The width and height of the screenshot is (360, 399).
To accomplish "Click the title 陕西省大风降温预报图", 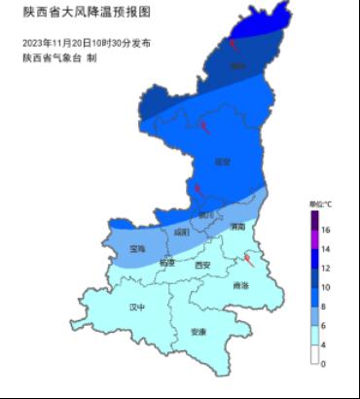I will tap(74, 13).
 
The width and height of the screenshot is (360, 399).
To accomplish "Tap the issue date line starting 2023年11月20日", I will tap(86, 45).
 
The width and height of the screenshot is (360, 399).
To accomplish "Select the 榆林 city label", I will tap(236, 66).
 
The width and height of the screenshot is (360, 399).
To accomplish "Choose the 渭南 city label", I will tap(237, 227).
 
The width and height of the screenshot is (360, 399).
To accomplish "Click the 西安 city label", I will tap(202, 265).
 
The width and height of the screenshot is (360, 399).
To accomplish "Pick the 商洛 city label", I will tap(240, 285).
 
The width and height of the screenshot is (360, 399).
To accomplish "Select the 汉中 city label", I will tap(137, 307).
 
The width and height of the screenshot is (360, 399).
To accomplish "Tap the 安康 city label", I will tap(198, 332).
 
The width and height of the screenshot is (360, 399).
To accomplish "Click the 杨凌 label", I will tap(167, 263).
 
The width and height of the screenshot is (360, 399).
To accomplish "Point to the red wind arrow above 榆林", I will tap(234, 44).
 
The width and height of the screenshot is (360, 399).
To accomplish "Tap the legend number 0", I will tap(324, 363).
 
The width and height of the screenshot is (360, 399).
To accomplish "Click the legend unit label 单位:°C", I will tap(320, 204).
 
